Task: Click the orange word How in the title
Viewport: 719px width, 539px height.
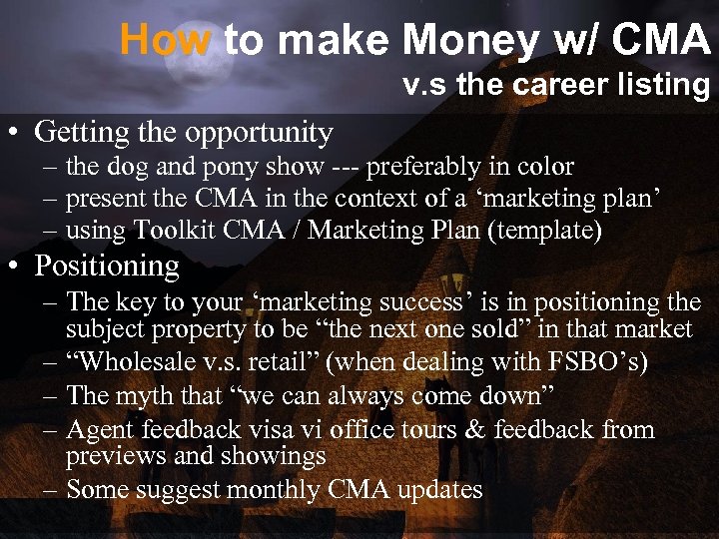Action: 166,41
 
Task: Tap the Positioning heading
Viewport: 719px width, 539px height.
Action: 107,267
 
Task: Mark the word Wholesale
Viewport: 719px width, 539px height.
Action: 131,361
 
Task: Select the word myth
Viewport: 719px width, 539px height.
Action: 142,395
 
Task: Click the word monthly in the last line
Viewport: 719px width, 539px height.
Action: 274,490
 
